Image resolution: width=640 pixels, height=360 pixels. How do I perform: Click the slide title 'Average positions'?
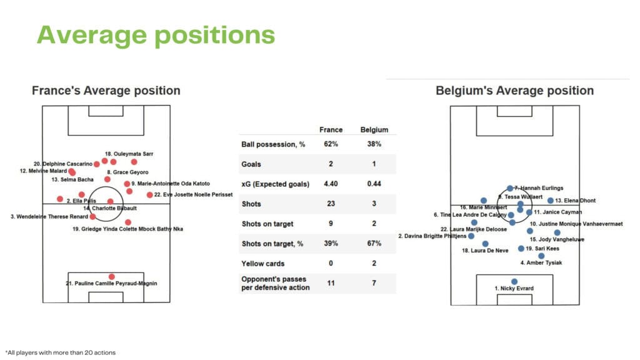156,35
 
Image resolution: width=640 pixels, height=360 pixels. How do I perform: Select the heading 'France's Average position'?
106,91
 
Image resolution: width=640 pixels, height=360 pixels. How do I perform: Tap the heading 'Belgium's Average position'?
514,91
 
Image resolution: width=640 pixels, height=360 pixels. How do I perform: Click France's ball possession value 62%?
331,144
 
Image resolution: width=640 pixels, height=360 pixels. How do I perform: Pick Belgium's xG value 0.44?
374,184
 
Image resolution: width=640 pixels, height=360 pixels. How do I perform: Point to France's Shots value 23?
331,204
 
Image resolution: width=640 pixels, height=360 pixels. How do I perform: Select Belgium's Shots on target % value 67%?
374,243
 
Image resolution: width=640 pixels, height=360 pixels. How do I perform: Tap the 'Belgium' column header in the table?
374,130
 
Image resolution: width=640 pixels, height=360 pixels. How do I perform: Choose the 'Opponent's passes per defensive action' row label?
274,283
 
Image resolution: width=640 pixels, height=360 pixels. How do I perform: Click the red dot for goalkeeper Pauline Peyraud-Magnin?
111,276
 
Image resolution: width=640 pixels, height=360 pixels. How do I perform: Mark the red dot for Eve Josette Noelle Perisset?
149,195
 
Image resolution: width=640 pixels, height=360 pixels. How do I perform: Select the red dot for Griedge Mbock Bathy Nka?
127,222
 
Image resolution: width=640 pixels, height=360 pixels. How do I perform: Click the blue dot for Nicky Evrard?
514,281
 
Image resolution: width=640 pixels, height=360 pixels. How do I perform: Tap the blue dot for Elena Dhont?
551,201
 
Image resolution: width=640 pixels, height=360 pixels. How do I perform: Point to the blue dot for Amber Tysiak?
541,256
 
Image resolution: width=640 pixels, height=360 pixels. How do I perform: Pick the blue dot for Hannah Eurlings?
510,188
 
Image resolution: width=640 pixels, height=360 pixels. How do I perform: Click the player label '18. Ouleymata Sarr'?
129,153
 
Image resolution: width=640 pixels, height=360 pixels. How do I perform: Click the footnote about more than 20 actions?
61,352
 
